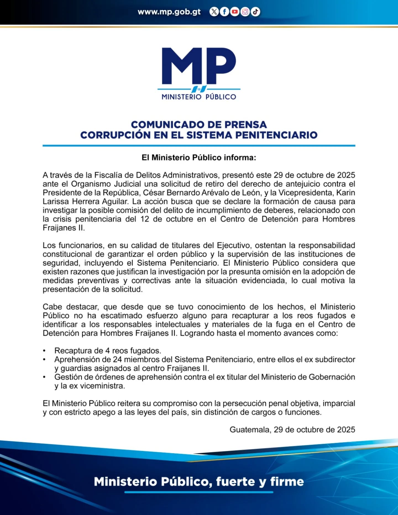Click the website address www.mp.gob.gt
coord(169,12)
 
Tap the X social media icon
coord(214,12)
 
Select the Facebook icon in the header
coord(224,12)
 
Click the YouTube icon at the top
coord(235,12)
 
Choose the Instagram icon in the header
coord(245,12)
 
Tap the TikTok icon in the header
coord(255,12)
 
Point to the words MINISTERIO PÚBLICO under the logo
coord(199,97)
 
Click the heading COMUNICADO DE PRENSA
coord(199,125)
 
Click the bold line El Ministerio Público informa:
coord(199,157)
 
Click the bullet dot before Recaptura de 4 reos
coord(44,351)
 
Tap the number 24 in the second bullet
coord(117,359)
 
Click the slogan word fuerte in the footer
coord(235,482)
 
